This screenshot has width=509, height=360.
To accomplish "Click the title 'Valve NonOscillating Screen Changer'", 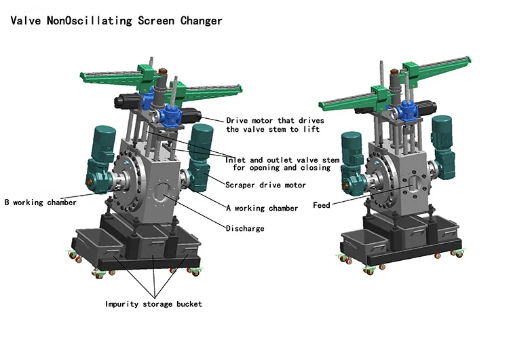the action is click(116, 21).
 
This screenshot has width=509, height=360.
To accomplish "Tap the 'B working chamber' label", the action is click(41, 202).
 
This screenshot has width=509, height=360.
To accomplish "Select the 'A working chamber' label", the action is click(262, 209).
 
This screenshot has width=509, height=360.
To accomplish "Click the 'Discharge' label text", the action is click(245, 228).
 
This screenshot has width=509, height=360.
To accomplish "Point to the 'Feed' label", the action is click(322, 205).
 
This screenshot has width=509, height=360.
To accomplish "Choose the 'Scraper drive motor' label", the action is click(265, 185).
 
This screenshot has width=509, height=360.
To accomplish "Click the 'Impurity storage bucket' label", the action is click(153, 304).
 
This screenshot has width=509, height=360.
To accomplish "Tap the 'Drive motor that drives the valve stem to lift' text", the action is click(275, 125).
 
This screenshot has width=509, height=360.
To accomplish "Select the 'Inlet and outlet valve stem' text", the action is click(282, 160).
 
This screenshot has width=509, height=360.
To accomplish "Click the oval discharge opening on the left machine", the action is click(162, 192).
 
